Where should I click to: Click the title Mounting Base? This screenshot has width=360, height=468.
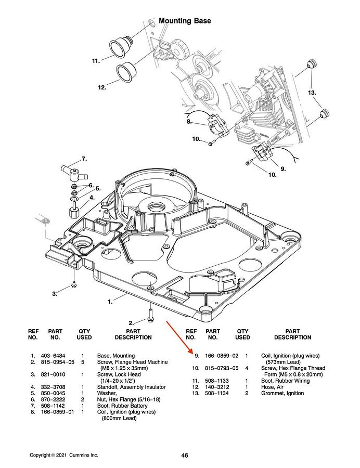(185, 21)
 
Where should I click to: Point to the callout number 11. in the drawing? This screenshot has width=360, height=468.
(96, 61)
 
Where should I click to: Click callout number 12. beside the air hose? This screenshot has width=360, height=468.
(102, 87)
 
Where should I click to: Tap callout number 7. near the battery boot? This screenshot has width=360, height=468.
(84, 158)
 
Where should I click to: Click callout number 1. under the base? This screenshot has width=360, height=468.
(110, 301)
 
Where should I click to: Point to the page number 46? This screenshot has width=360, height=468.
(185, 456)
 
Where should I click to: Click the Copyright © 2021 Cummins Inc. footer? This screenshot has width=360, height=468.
(63, 456)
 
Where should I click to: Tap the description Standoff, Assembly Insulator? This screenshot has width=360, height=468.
(132, 387)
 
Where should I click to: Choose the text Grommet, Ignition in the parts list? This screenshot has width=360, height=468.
(282, 393)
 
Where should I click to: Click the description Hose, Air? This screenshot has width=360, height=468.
(273, 387)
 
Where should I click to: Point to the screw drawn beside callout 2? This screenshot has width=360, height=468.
(150, 314)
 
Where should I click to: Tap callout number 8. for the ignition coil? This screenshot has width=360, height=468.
(189, 123)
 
